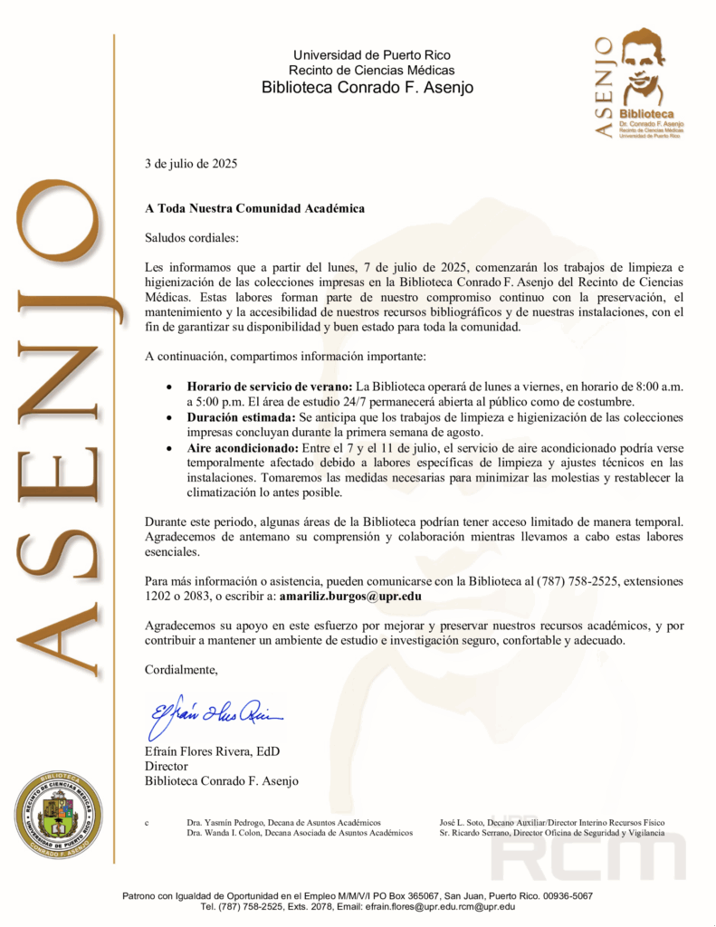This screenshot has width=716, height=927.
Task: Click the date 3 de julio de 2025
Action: pyautogui.click(x=191, y=164)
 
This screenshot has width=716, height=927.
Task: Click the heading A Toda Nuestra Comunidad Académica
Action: pyautogui.click(x=255, y=208)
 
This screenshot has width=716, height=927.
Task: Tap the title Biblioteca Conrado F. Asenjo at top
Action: pyautogui.click(x=368, y=88)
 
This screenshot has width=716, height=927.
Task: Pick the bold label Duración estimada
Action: pyautogui.click(x=240, y=418)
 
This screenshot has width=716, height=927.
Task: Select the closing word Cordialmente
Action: pyautogui.click(x=182, y=670)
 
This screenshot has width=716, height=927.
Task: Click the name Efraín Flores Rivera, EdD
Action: pyautogui.click(x=212, y=750)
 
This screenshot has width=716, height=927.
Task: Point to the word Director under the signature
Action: pyautogui.click(x=167, y=766)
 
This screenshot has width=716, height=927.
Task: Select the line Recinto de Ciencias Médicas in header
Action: pyautogui.click(x=368, y=70)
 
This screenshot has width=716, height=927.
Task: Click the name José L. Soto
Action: pyautogui.click(x=463, y=821)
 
